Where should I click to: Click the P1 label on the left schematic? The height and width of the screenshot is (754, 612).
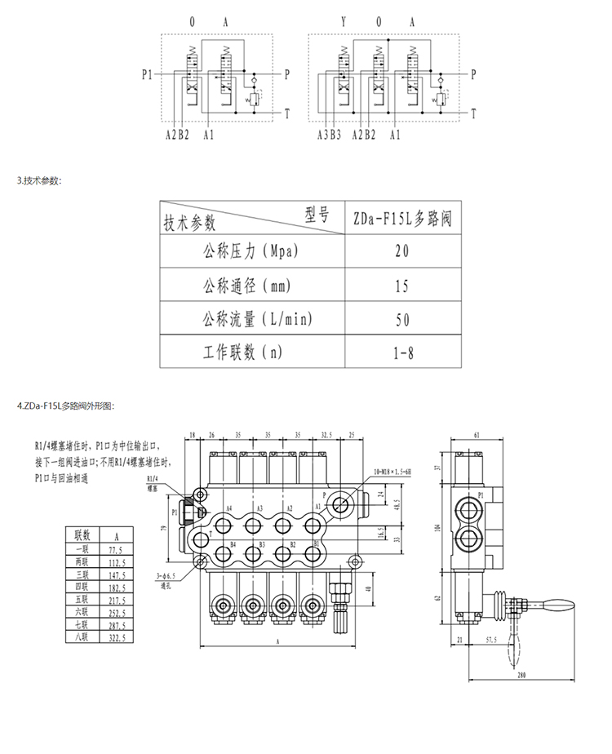(147, 74)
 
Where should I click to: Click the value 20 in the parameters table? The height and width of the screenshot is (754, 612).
(401, 250)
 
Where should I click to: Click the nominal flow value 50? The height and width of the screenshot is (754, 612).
(401, 319)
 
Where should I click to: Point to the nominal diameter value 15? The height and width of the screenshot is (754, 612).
(401, 286)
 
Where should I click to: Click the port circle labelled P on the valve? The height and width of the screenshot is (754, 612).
(340, 504)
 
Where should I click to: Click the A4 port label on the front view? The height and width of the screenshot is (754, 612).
(229, 508)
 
